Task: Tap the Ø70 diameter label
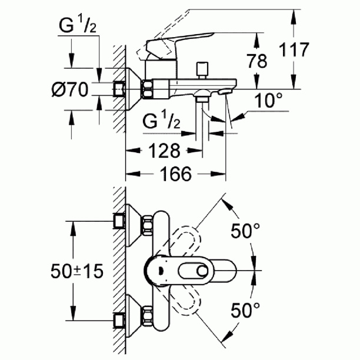[69, 89]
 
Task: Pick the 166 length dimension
[175, 174]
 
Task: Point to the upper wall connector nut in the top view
[121, 221]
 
